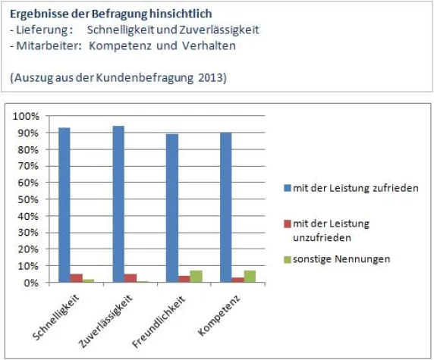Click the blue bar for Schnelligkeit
pos(64,205)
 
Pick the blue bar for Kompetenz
pos(226,207)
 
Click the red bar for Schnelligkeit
pos(76,278)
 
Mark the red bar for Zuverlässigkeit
pos(130,278)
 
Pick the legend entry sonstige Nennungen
pos(341,259)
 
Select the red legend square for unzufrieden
pos(287,224)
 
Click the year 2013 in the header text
pos(214,78)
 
